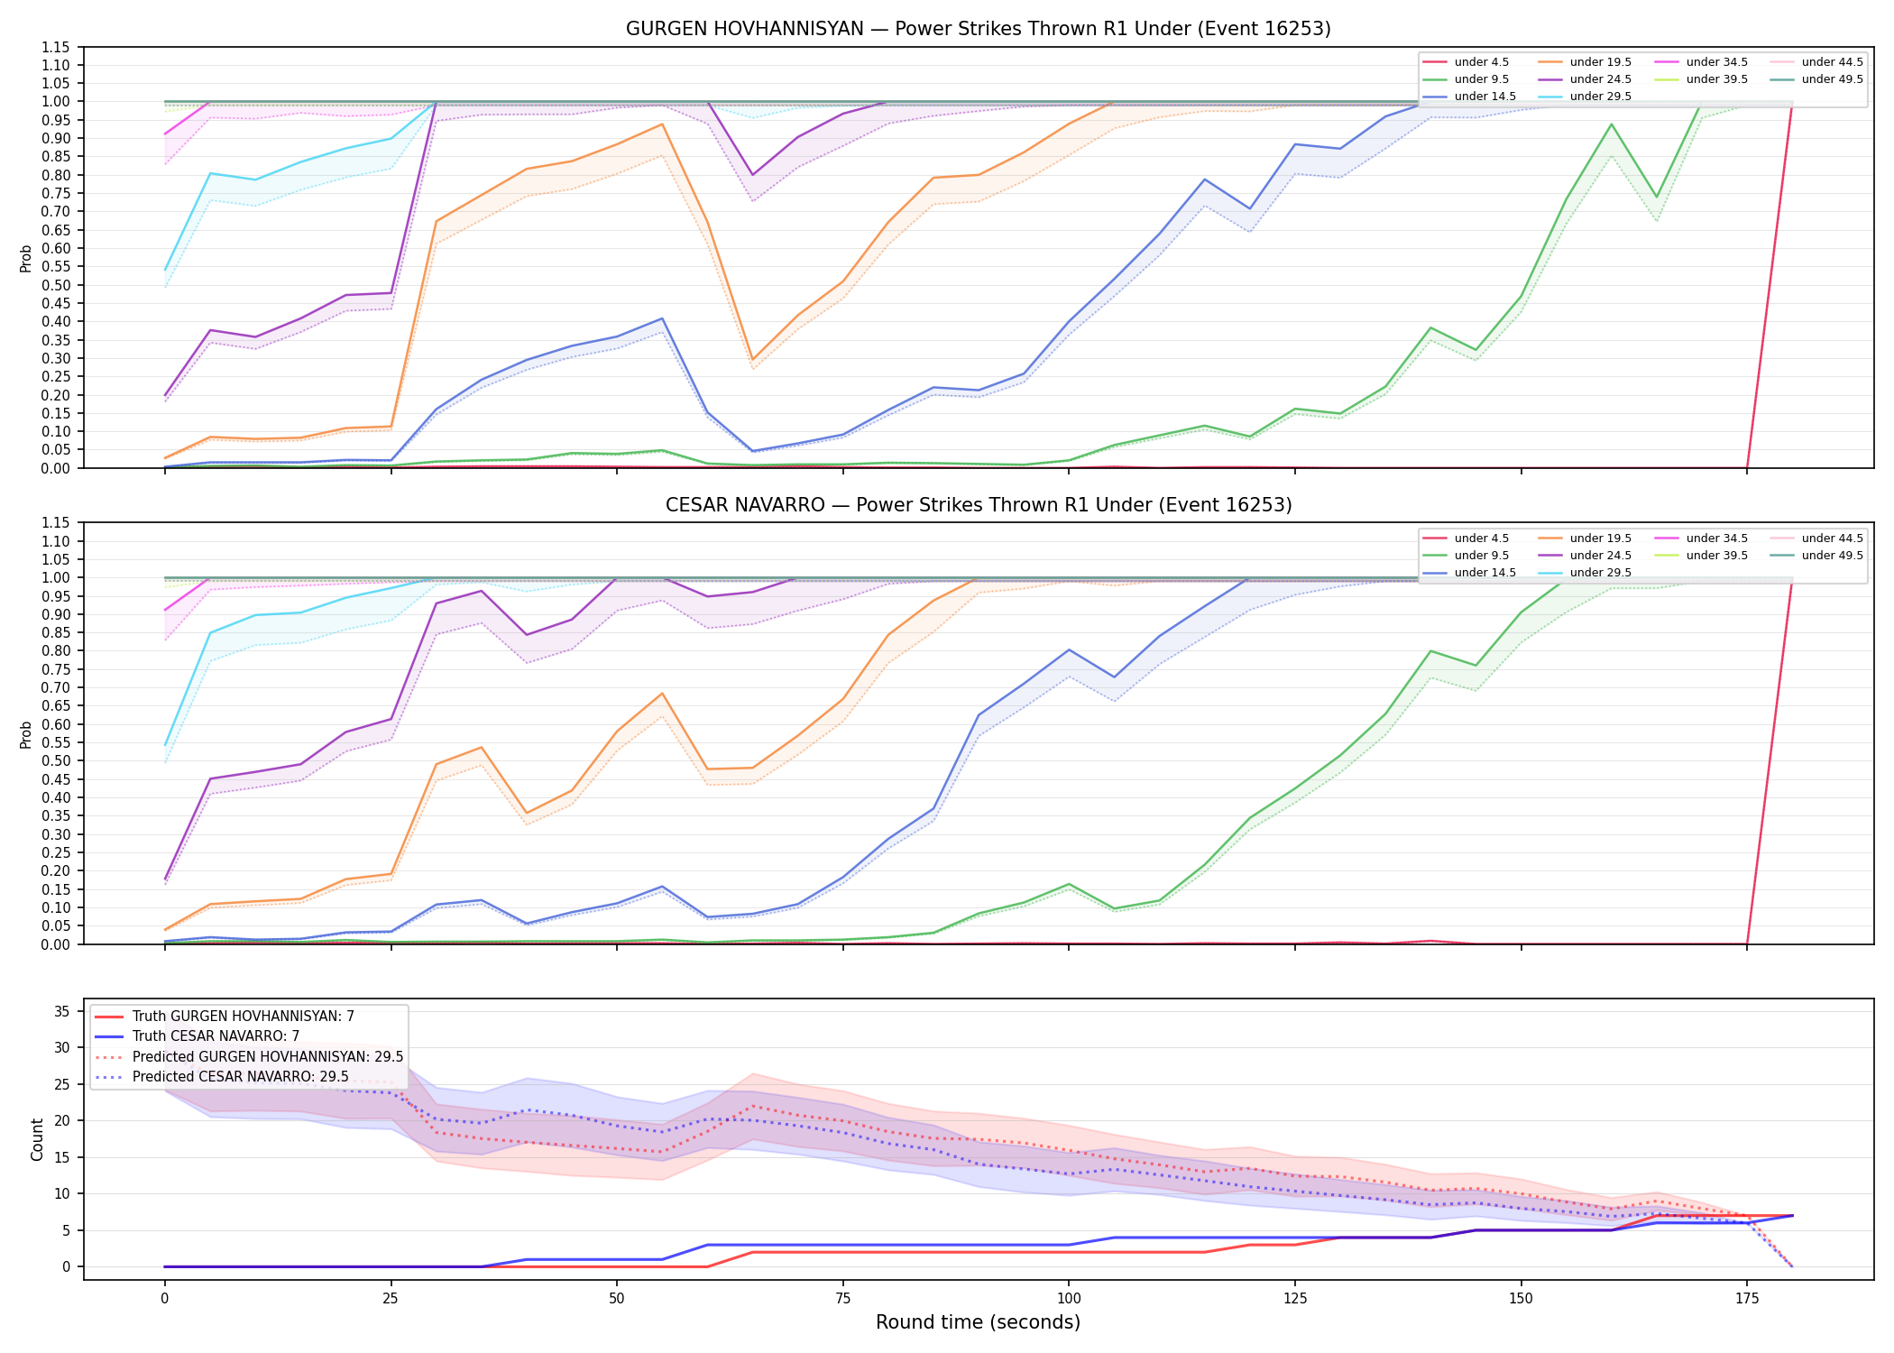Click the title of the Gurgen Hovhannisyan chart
pyautogui.click(x=979, y=29)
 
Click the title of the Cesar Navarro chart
pyautogui.click(x=979, y=505)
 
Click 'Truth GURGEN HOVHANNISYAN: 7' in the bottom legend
pyautogui.click(x=225, y=1017)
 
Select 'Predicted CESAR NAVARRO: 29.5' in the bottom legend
pyautogui.click(x=222, y=1076)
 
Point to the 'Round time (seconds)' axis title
pyautogui.click(x=979, y=1322)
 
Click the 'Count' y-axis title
pyautogui.click(x=37, y=1139)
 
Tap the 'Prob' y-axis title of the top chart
pyautogui.click(x=26, y=258)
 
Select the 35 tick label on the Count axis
pyautogui.click(x=61, y=1011)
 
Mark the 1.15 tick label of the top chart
pyautogui.click(x=55, y=47)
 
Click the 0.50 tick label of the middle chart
pyautogui.click(x=55, y=760)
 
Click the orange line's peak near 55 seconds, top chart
pyautogui.click(x=662, y=124)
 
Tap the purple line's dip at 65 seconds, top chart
pyautogui.click(x=752, y=175)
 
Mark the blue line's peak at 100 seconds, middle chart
pyautogui.click(x=1069, y=649)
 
